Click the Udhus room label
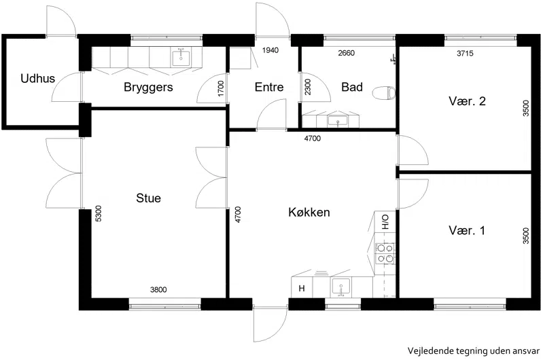click(x=38, y=78)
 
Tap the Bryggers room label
click(x=148, y=87)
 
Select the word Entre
click(x=269, y=87)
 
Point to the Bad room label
click(x=352, y=87)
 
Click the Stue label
click(x=149, y=198)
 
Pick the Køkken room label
click(x=309, y=212)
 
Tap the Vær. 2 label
click(x=467, y=101)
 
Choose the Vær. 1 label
click(x=467, y=230)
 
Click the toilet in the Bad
click(x=384, y=93)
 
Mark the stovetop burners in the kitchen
click(x=385, y=253)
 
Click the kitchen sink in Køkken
click(x=341, y=287)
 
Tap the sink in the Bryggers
click(x=181, y=58)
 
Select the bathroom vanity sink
click(x=338, y=121)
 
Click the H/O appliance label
click(x=385, y=222)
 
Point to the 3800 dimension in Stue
click(x=158, y=289)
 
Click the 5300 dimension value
click(x=99, y=213)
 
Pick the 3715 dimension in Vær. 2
click(x=465, y=53)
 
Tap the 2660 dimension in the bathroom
click(x=347, y=53)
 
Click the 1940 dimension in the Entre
click(x=270, y=50)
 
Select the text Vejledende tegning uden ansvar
click(x=474, y=350)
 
